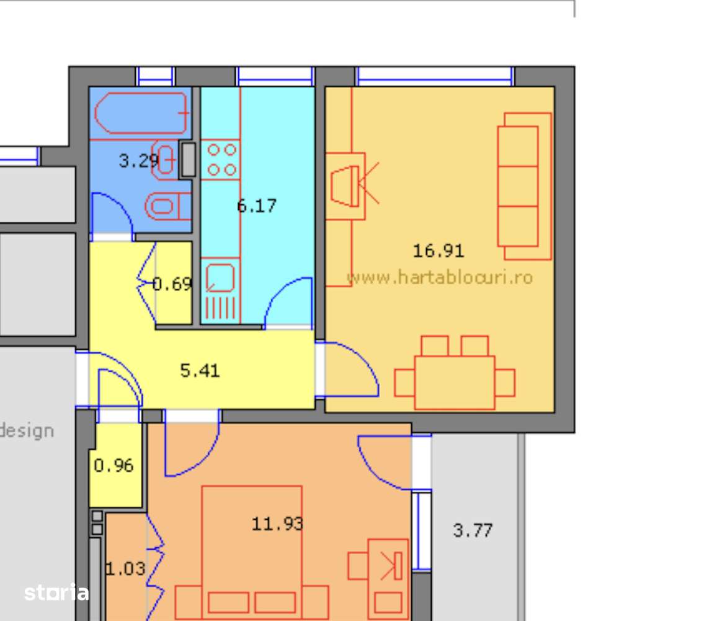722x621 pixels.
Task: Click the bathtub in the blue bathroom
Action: [x=142, y=113]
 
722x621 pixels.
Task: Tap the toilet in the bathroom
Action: [x=168, y=206]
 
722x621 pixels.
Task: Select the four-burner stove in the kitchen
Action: [x=221, y=159]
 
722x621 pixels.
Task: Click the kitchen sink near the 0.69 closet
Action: [x=220, y=277]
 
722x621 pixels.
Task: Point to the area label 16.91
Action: [x=438, y=251]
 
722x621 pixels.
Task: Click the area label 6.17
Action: [x=257, y=206]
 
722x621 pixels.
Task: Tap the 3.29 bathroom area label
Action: [x=138, y=161]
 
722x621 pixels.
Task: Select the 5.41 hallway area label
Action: [x=200, y=371]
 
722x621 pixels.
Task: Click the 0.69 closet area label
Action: [x=172, y=284]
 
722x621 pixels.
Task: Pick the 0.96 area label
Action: [x=114, y=465]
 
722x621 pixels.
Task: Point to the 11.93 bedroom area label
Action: [x=277, y=524]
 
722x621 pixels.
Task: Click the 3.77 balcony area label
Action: [x=473, y=530]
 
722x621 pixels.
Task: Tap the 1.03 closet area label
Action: [x=125, y=568]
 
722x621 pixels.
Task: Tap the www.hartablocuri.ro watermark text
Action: [x=439, y=277]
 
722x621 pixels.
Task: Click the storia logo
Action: [x=56, y=592]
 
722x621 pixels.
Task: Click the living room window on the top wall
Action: [x=434, y=76]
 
